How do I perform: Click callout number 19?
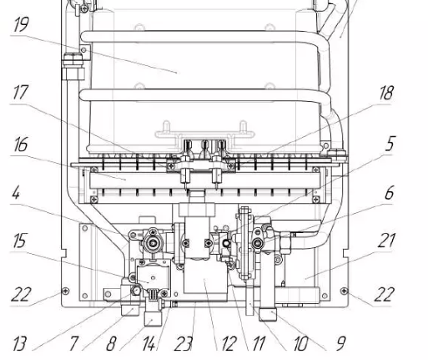coord(21,24)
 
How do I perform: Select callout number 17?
coord(21,92)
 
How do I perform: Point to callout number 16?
coord(21,145)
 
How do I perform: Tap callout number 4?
coord(16,192)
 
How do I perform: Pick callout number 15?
coord(20,241)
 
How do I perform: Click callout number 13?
coord(20,343)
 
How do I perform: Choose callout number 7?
coord(74,343)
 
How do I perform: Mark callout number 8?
coord(111,343)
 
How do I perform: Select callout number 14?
coord(149,343)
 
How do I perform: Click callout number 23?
coord(184,343)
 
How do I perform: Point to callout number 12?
coord(229,343)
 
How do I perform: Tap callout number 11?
coord(259,343)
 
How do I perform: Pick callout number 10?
coord(300,343)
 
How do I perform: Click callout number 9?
coord(341,343)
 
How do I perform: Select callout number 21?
coord(386,241)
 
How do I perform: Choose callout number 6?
coord(390,192)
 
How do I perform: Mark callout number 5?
coord(390,144)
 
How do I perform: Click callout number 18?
coord(387,93)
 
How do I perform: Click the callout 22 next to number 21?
coord(385,294)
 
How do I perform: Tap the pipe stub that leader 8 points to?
coord(153,319)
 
